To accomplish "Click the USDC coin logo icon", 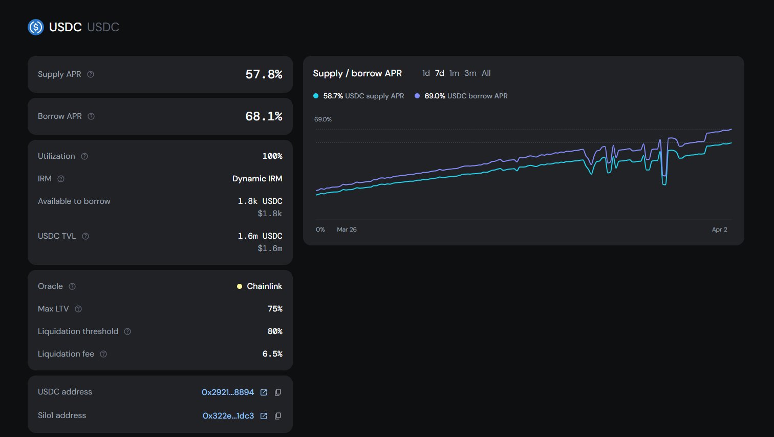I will [36, 27].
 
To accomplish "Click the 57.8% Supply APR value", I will [264, 74].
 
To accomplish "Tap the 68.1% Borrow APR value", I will [264, 116].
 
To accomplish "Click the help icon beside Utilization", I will [84, 156].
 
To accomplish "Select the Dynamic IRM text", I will [257, 179].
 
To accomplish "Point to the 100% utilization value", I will [272, 156].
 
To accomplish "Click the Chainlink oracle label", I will [264, 286].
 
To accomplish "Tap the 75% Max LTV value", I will [275, 309].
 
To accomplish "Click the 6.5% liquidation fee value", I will [272, 354].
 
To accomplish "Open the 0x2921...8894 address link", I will [228, 392].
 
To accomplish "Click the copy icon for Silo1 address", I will [278, 416].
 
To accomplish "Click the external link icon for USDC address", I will [264, 392].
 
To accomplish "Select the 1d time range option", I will [426, 73].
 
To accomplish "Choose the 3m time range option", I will [470, 73].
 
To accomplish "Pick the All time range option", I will [486, 73].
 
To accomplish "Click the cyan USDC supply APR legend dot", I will [316, 96].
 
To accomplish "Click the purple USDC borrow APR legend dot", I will [417, 96].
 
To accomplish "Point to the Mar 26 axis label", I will [347, 230].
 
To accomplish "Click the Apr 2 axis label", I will [719, 230].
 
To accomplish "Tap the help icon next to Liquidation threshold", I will [127, 331].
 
